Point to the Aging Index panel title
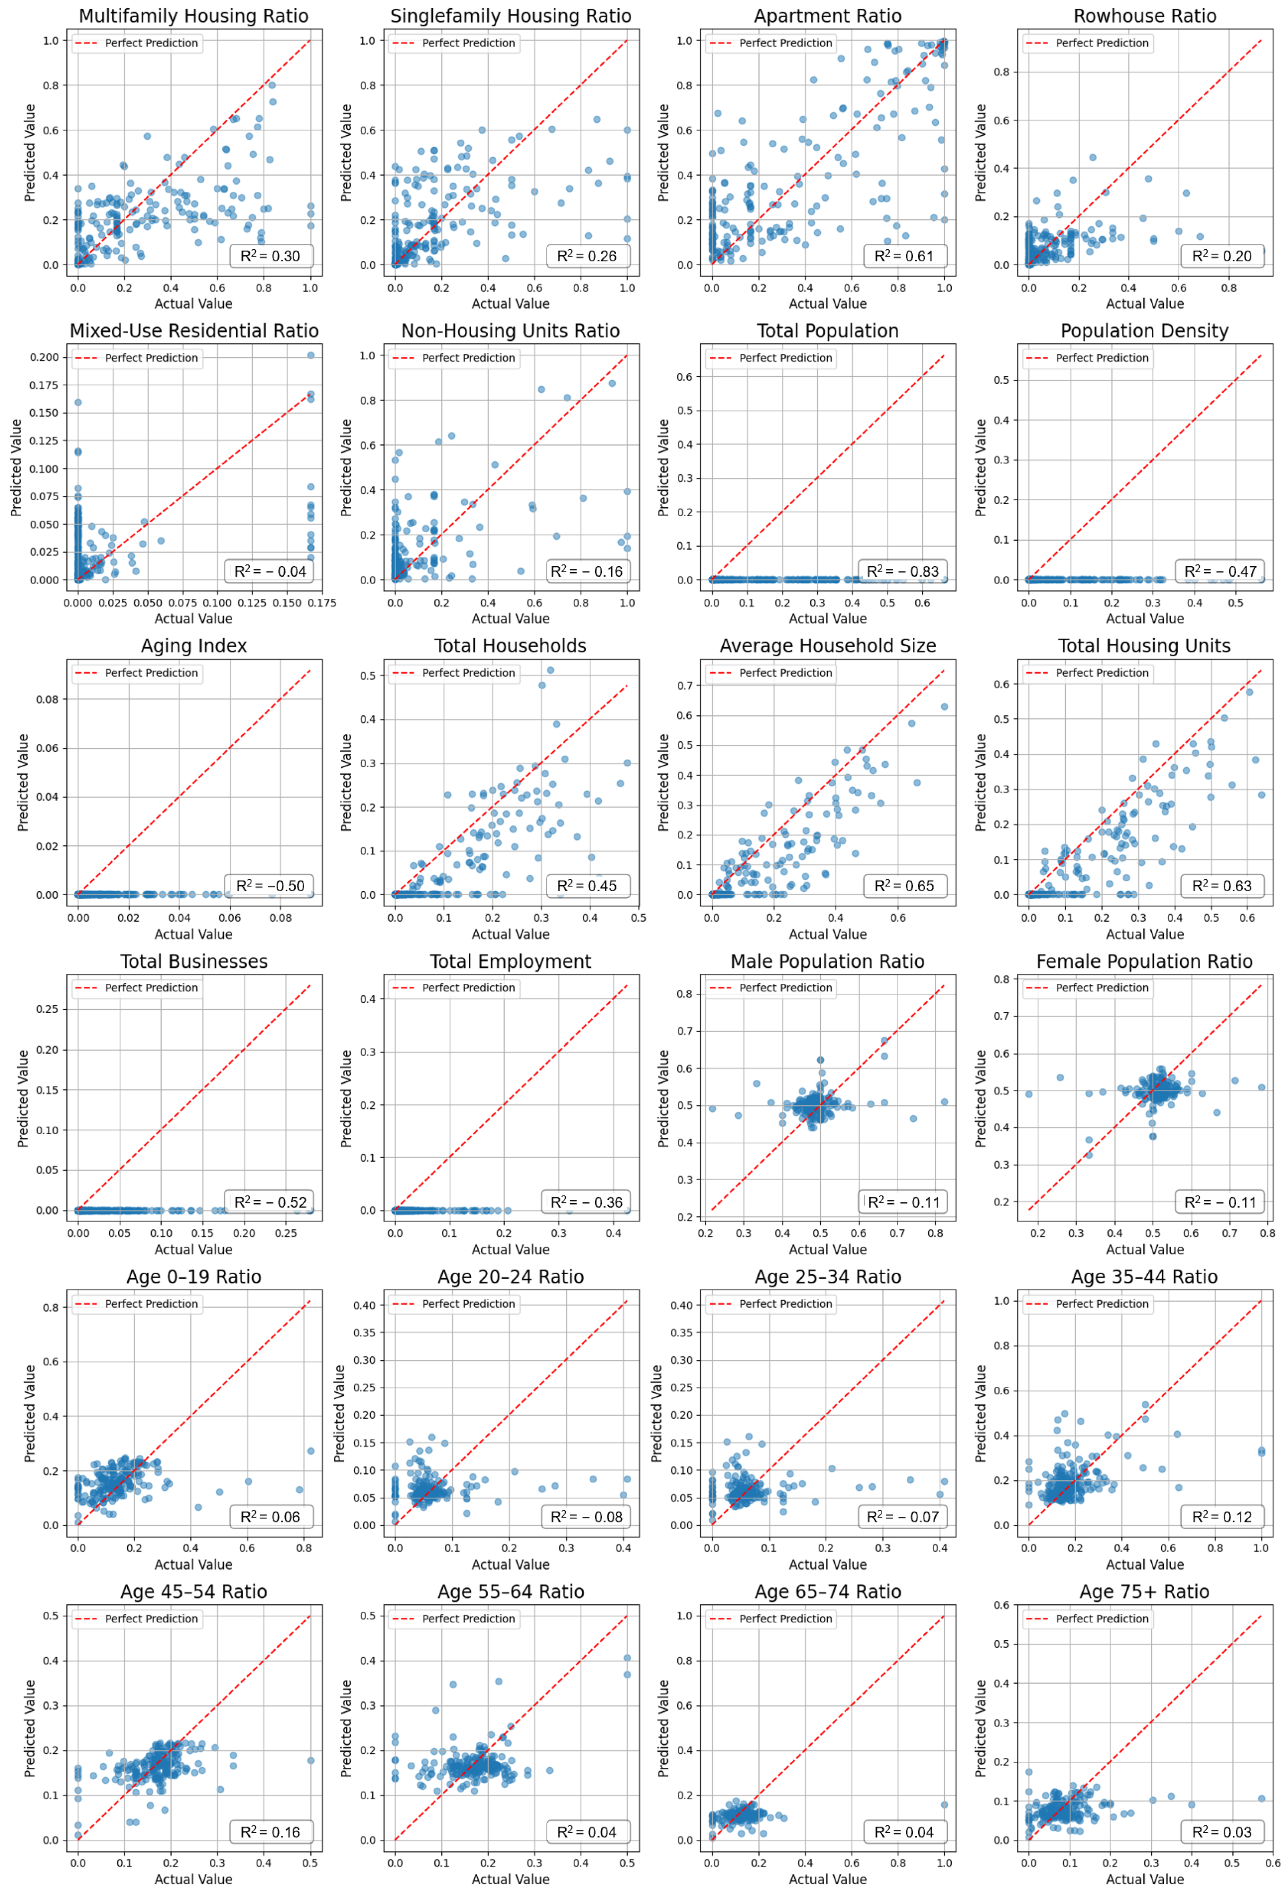[x=194, y=646]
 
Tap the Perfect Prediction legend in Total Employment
[x=454, y=988]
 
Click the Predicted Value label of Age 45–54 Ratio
[x=30, y=1727]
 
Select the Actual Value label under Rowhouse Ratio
[x=1144, y=303]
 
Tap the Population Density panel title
[x=1144, y=331]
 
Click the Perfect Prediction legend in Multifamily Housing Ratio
[x=137, y=43]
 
